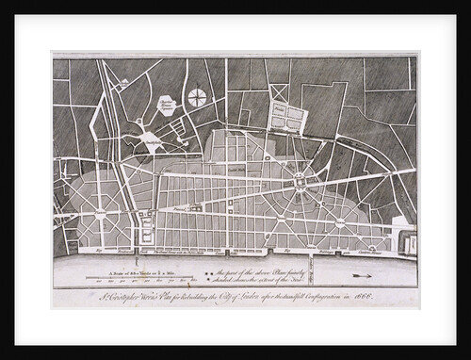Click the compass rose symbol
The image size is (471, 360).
click(197, 96)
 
